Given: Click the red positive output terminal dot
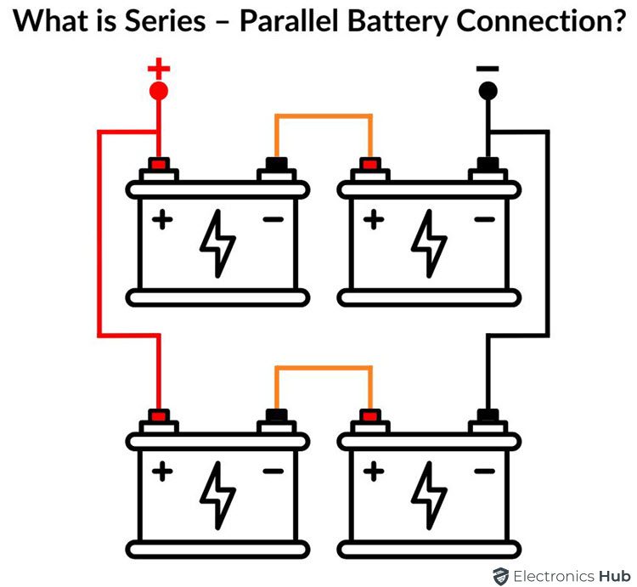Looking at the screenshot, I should point(158,89).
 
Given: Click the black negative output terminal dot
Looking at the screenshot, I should point(488,89).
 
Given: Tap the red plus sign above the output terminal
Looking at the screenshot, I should point(158,68).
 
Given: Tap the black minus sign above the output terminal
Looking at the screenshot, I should point(488,69).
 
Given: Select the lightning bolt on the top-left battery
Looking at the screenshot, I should point(217,243).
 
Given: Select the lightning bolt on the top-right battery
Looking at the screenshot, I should point(428,243).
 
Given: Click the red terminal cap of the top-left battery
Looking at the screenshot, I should point(158,163).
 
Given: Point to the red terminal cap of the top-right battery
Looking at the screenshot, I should point(369,163).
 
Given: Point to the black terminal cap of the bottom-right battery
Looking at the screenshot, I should point(488,415).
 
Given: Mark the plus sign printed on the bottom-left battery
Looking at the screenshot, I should point(162,470).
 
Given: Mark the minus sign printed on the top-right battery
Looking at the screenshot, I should point(484,220).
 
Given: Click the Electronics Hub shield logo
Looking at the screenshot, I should point(502,577).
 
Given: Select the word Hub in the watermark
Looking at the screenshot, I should point(608,577).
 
